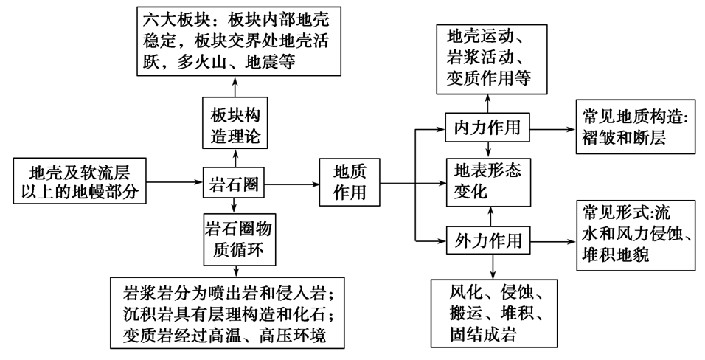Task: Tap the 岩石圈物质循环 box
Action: pyautogui.click(x=235, y=240)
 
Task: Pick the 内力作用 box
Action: pyautogui.click(x=487, y=127)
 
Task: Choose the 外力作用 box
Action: pyautogui.click(x=487, y=240)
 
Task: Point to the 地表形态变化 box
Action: pyautogui.click(x=487, y=182)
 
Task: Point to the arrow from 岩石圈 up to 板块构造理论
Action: pyautogui.click(x=235, y=157)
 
